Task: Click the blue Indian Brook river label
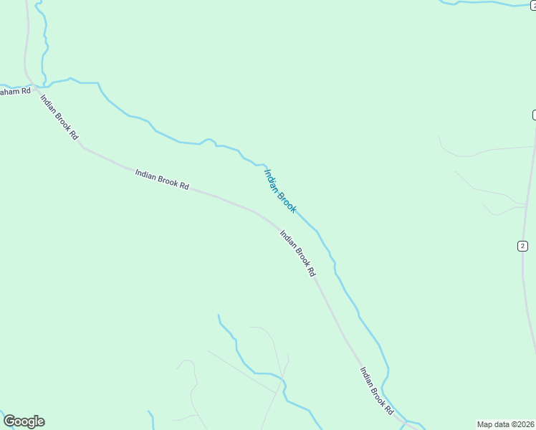click(x=280, y=191)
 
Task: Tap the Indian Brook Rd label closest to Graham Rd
click(x=59, y=118)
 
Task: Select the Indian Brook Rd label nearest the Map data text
click(x=376, y=391)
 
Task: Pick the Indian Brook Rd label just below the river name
click(x=297, y=253)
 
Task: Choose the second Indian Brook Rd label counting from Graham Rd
click(x=162, y=179)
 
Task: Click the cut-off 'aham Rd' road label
click(x=15, y=91)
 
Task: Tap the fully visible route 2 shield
click(x=522, y=246)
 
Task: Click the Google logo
click(x=24, y=421)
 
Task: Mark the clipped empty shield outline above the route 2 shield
click(x=534, y=115)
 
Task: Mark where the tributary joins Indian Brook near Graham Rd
click(x=44, y=85)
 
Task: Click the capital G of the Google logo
click(x=10, y=421)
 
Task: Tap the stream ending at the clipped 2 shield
click(x=487, y=3)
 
